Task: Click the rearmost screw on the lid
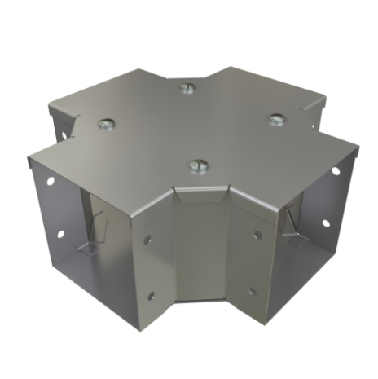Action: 187,87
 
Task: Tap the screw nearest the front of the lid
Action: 197,166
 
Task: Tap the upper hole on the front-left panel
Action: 147,240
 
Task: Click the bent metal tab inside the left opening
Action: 96,228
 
